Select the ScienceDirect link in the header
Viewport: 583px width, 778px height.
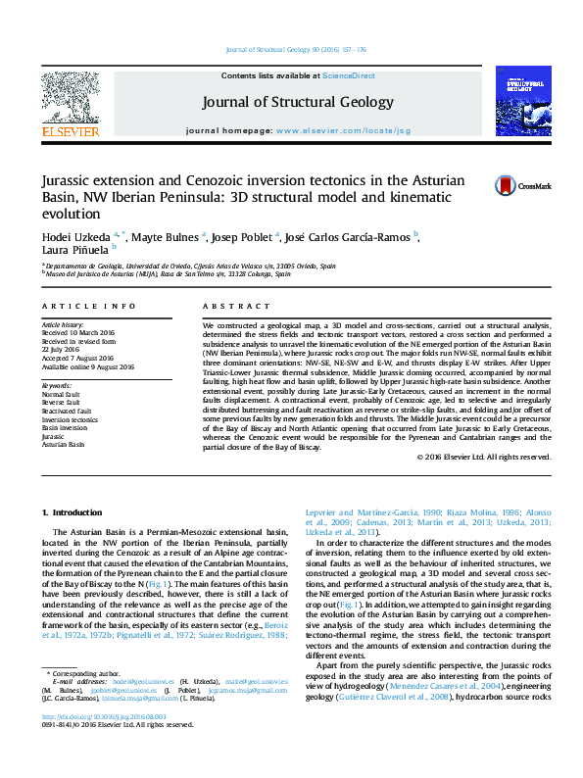coord(350,75)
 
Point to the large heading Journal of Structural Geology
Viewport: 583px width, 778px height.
coord(297,102)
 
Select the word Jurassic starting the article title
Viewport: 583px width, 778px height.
coord(65,181)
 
